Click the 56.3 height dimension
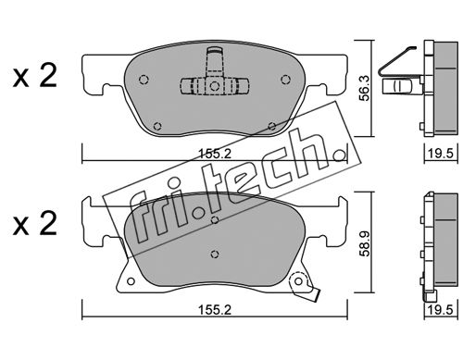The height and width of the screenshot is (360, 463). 365,89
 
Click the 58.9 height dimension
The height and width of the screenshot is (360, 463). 365,242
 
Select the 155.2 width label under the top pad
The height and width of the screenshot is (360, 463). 215,154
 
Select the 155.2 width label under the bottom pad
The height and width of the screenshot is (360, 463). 215,310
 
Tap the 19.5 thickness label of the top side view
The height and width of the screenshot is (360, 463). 441,154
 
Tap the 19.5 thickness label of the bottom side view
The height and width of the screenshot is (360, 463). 441,310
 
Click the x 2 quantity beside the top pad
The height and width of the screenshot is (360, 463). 35,75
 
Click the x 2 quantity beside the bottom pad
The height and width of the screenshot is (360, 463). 35,224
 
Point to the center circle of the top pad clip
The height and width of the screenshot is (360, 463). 214,85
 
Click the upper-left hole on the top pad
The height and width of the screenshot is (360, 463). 144,80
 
